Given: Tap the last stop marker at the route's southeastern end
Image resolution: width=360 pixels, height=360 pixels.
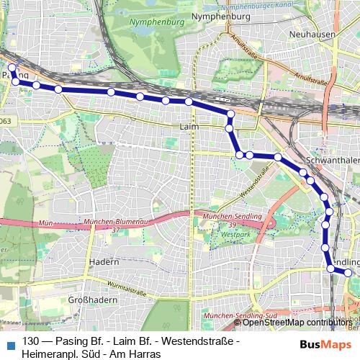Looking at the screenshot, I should [x=348, y=273].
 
